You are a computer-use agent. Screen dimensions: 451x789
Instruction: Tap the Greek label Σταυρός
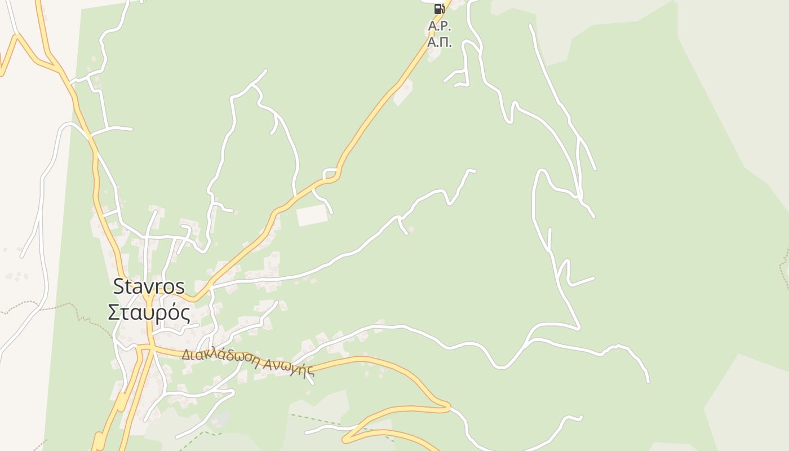pyautogui.click(x=149, y=312)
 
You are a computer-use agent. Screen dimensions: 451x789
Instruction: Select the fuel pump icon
pyautogui.click(x=439, y=8)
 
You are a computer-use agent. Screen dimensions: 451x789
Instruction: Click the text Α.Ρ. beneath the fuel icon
pyautogui.click(x=440, y=26)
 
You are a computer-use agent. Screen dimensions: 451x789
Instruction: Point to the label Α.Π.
pyautogui.click(x=440, y=42)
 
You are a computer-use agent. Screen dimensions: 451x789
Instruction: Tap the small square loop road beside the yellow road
pyautogui.click(x=330, y=174)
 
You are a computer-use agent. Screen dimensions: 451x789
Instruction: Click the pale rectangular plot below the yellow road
pyautogui.click(x=312, y=215)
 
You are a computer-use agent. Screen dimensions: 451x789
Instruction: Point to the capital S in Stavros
pyautogui.click(x=118, y=286)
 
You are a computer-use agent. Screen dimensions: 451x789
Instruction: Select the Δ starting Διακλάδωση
pyautogui.click(x=186, y=354)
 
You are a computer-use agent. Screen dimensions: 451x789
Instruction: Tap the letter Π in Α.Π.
pyautogui.click(x=445, y=42)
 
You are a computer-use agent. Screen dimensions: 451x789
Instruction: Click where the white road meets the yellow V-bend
pyautogui.click(x=210, y=288)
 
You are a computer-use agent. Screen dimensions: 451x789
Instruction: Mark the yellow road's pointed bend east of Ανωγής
pyautogui.click(x=448, y=405)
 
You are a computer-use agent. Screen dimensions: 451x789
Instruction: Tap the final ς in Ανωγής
pyautogui.click(x=310, y=373)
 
